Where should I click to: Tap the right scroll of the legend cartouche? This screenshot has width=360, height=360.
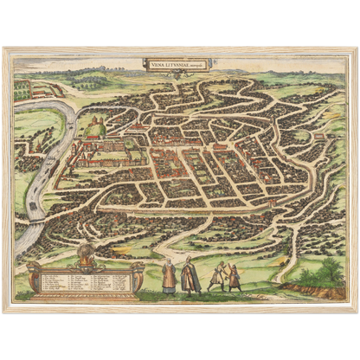click(135, 275)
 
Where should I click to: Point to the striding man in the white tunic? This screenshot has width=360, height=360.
click(217, 276)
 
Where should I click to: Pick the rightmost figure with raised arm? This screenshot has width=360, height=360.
click(235, 276)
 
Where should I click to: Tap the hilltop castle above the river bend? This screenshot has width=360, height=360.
click(93, 125)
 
